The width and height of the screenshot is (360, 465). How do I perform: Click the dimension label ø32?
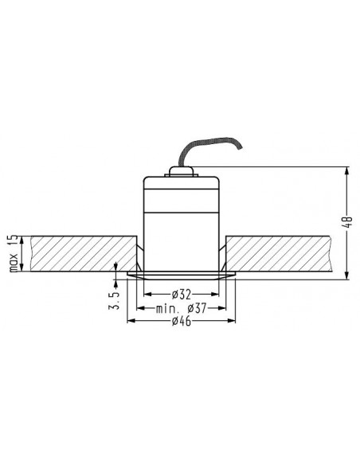tap(182, 294)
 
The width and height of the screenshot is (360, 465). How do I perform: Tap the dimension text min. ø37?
tap(181, 308)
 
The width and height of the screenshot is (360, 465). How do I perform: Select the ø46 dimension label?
tap(182, 321)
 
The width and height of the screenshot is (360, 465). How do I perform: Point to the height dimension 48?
tap(349, 222)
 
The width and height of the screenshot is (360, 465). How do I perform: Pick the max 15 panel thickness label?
tap(14, 254)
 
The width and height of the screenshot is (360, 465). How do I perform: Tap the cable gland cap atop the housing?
tap(181, 171)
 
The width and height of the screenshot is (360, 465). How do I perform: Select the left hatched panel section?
tap(84, 253)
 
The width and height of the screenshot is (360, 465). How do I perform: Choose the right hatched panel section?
tap(279, 253)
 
